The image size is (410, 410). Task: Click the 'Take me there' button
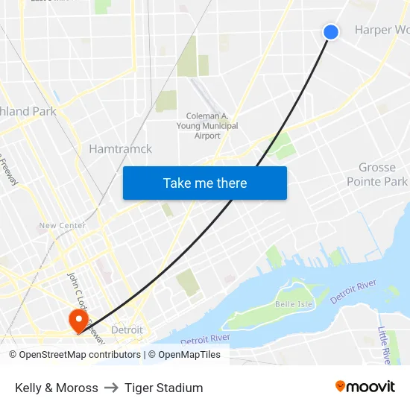(205, 183)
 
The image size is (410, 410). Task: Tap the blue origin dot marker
(331, 31)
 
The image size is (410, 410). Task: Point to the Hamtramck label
(120, 149)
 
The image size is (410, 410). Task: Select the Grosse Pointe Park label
(377, 174)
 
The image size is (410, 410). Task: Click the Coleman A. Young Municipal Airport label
(212, 126)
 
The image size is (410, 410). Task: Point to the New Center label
(62, 225)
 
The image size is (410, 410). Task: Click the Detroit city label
(126, 329)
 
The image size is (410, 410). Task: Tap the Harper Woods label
(382, 31)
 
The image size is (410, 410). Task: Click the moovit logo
(365, 387)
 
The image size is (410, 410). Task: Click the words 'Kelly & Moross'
(57, 388)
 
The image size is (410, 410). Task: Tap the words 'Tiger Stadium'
(164, 388)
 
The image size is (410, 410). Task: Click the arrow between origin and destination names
(111, 388)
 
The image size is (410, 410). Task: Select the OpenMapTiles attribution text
(189, 355)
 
